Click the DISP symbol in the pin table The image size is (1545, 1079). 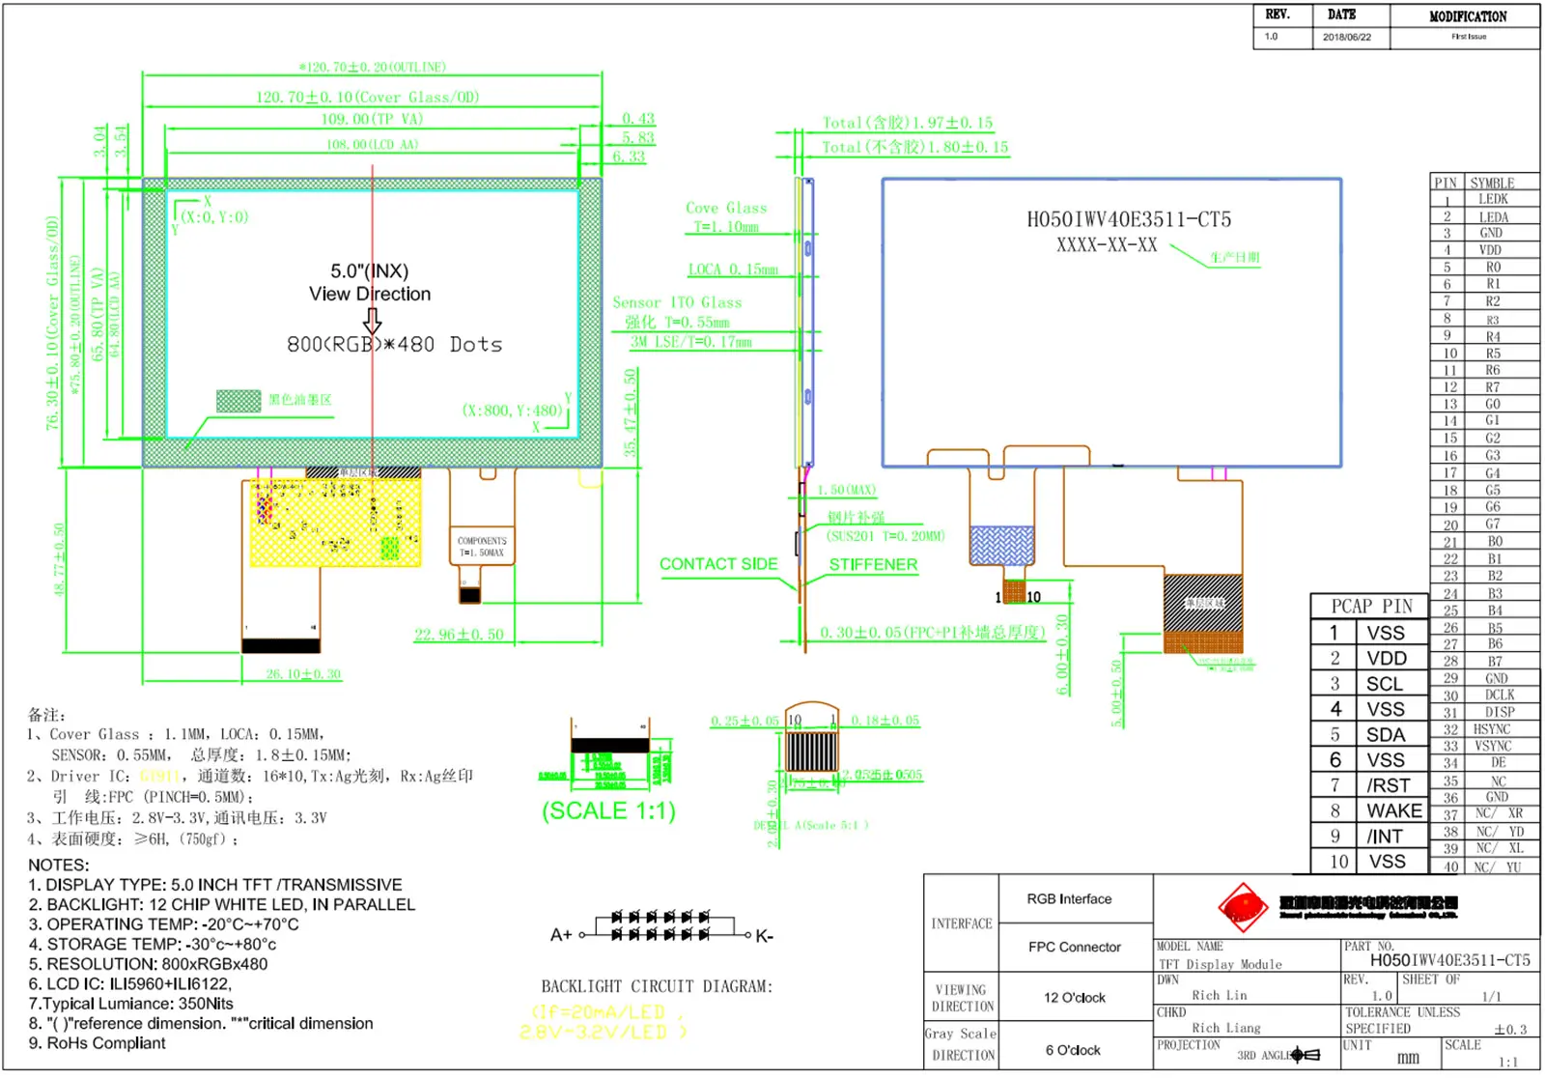pos(1499,712)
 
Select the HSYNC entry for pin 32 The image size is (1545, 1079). pos(1491,729)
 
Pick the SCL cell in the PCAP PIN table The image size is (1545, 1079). pos(1384,684)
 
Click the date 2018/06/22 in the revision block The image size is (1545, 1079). pos(1346,37)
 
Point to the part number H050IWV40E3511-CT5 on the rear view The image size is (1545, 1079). pos(1128,219)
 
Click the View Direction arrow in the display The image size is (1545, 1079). pos(372,321)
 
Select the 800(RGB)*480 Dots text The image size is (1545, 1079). pos(394,345)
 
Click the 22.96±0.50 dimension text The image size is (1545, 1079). pos(459,635)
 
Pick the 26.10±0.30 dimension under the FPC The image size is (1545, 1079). pos(303,673)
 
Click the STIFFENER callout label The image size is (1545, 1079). pos(873,564)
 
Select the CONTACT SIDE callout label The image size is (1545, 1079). pos(718,564)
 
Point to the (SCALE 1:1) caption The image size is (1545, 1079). pos(608,810)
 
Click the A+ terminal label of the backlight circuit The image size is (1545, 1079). pos(561,935)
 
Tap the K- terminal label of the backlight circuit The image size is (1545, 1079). pos(764,935)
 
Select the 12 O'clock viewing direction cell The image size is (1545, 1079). pos(1074,998)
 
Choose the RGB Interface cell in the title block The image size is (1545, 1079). pos(1069,899)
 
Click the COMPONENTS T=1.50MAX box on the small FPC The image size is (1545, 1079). pos(482,547)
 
